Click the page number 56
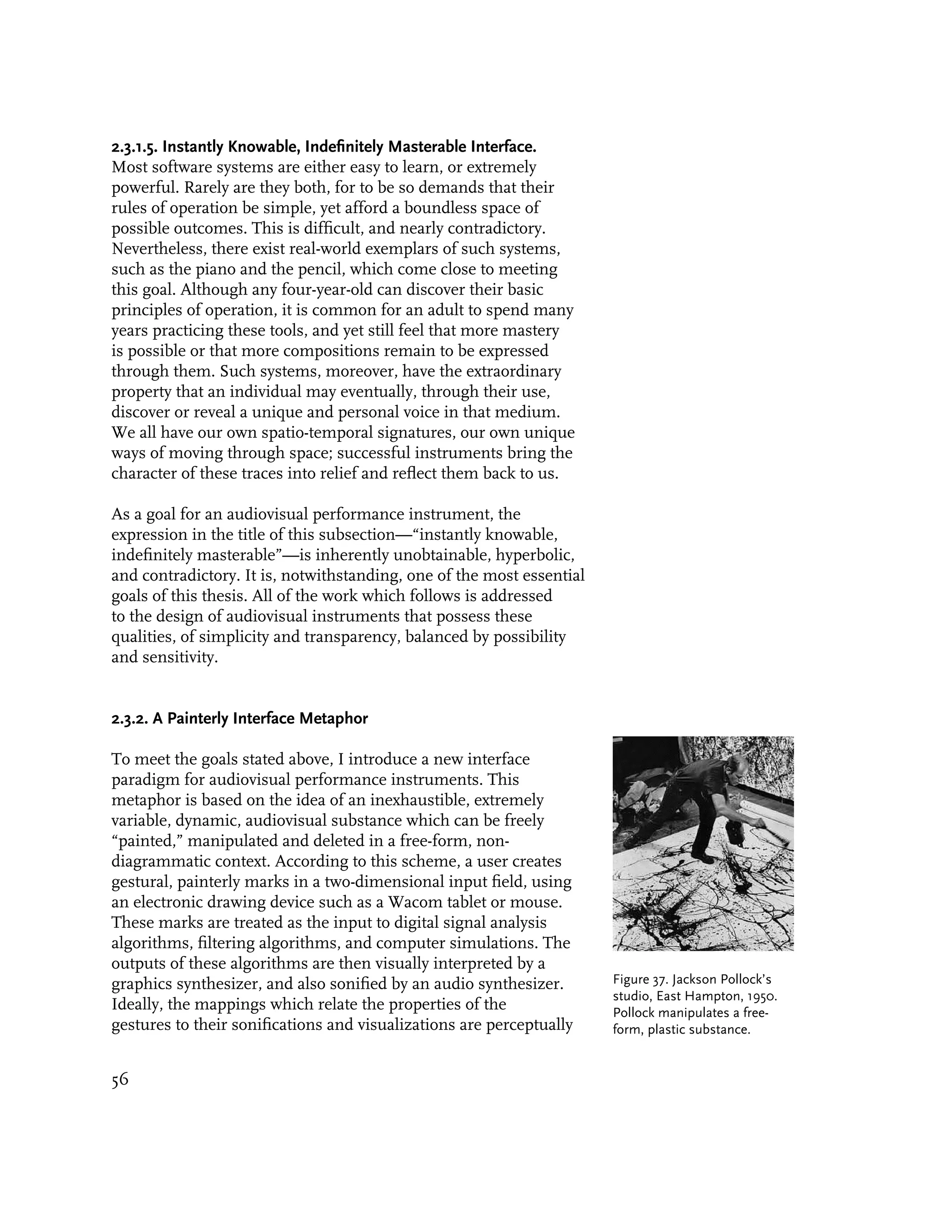pyautogui.click(x=120, y=1080)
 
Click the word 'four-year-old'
pyautogui.click(x=327, y=289)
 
